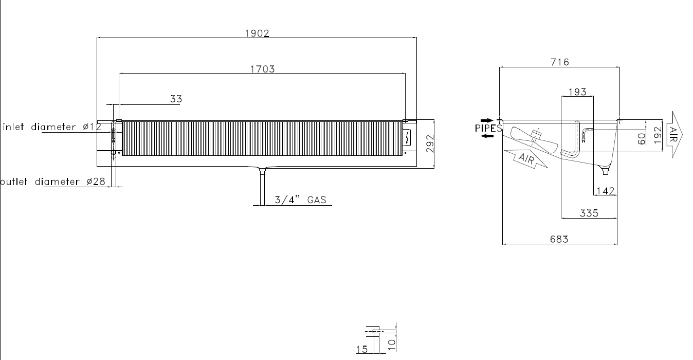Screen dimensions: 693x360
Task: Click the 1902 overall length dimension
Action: pyautogui.click(x=257, y=33)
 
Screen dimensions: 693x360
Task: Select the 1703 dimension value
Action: pyautogui.click(x=262, y=69)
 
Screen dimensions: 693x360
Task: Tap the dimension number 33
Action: pyautogui.click(x=176, y=99)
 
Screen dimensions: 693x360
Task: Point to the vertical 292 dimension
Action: pyautogui.click(x=430, y=143)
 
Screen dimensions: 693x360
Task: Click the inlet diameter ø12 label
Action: pyautogui.click(x=52, y=127)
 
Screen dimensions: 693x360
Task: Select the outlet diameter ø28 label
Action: pyautogui.click(x=52, y=182)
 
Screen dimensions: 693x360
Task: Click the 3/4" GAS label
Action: pyautogui.click(x=300, y=200)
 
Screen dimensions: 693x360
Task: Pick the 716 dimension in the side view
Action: pyautogui.click(x=560, y=62)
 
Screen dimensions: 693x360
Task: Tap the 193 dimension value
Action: pyautogui.click(x=577, y=92)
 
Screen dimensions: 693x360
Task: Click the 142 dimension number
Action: pyautogui.click(x=605, y=191)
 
